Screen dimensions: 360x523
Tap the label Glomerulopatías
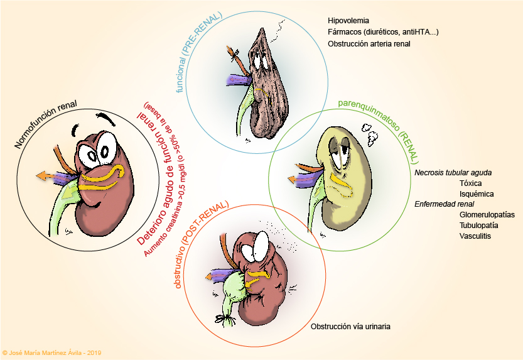click(x=487, y=214)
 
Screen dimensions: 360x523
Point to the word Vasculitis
click(x=475, y=236)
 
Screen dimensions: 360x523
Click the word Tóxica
click(x=471, y=183)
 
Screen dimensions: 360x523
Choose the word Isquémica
click(x=477, y=194)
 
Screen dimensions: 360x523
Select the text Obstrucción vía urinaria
click(x=351, y=327)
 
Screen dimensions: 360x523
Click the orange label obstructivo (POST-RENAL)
click(x=200, y=246)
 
